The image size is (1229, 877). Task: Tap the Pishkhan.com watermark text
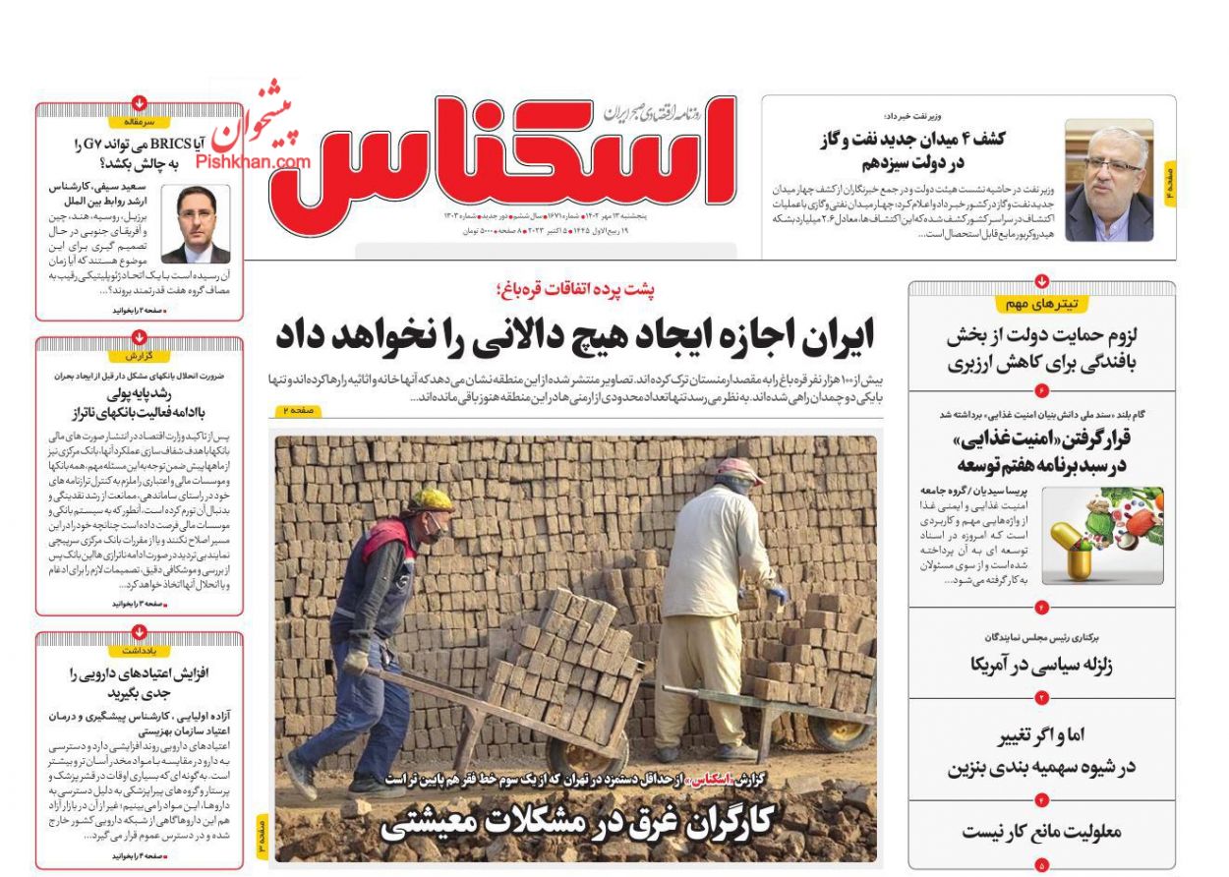253,161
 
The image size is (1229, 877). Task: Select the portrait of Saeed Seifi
196,223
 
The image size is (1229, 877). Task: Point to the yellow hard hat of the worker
431,499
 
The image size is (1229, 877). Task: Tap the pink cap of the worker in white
739,471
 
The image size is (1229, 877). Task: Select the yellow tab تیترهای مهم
1041,304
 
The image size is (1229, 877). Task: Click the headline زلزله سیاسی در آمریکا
1041,666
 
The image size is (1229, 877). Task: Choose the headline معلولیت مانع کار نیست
1041,832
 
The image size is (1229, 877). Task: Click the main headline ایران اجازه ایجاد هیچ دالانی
575,336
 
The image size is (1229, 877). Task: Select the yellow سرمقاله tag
139,122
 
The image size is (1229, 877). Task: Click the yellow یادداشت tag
139,651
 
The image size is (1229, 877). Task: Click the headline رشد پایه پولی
139,403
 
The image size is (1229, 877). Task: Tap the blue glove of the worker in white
779,594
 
